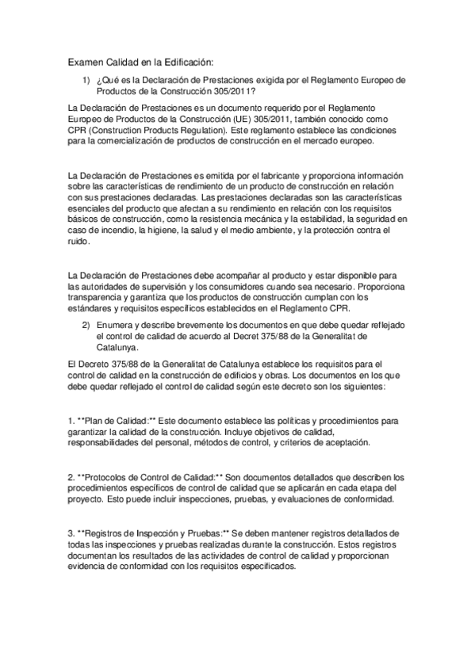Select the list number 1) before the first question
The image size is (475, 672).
[x=86, y=80]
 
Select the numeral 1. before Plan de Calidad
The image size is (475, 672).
[x=71, y=419]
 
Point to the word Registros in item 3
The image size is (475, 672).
[x=109, y=534]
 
